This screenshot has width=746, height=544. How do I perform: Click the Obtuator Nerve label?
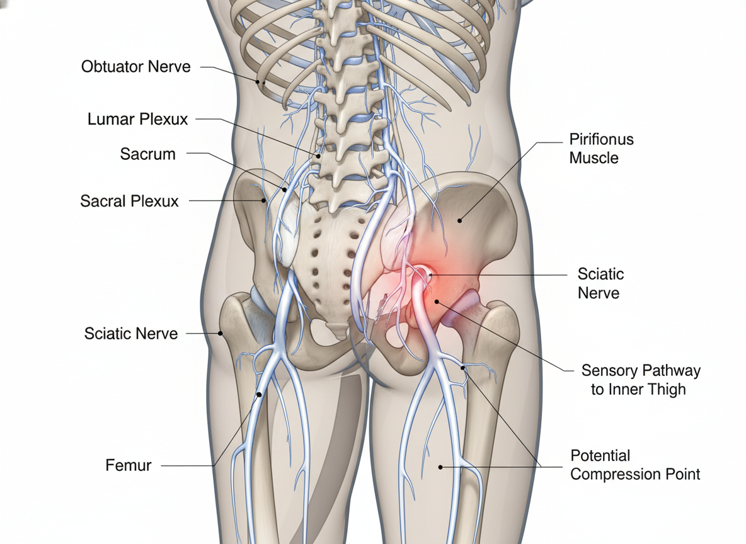(x=135, y=66)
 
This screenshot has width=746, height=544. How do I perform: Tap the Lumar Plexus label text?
(x=137, y=118)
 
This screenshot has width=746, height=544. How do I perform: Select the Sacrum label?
(x=147, y=154)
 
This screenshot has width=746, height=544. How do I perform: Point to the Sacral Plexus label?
(x=129, y=201)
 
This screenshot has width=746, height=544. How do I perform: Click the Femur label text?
(x=128, y=467)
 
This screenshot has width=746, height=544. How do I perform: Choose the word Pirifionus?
(x=601, y=139)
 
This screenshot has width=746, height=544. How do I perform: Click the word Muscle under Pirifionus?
(x=594, y=157)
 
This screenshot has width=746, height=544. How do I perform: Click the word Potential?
(x=600, y=455)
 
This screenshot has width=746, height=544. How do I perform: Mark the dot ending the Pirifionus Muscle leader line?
(x=460, y=220)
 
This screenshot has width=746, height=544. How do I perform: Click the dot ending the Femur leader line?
(x=259, y=395)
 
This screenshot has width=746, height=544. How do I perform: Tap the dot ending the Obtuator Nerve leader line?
(x=258, y=81)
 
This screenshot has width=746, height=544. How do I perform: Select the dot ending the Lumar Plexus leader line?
(x=319, y=155)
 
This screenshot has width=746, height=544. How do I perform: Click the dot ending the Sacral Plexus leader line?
(x=263, y=201)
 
